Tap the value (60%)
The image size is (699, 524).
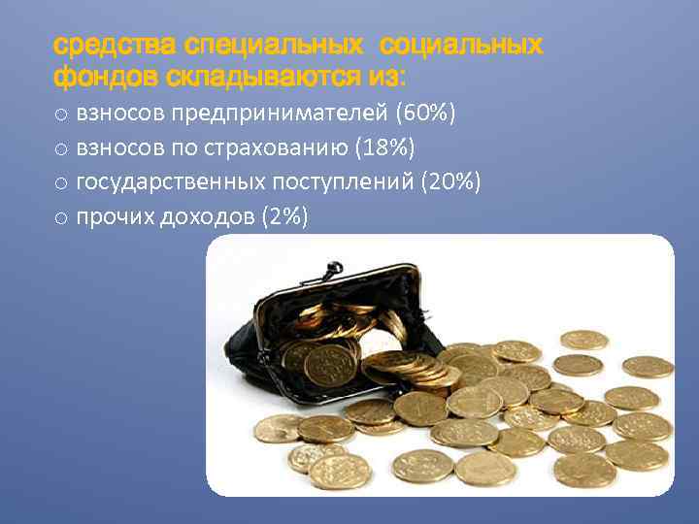424,115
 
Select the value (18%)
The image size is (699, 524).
385,148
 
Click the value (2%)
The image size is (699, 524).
285,217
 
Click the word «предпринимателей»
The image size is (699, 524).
281,115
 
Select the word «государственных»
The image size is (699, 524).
160,182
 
